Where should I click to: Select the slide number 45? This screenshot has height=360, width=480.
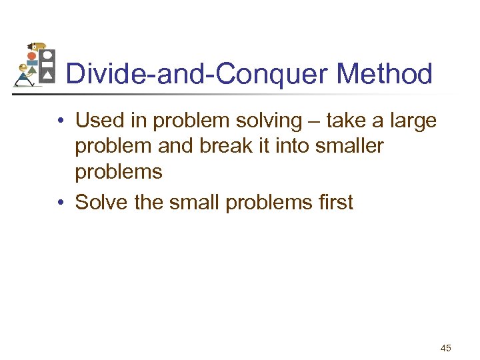(446, 347)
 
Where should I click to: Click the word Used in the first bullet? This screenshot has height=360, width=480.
(97, 121)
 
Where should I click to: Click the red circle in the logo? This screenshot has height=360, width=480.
(31, 57)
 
